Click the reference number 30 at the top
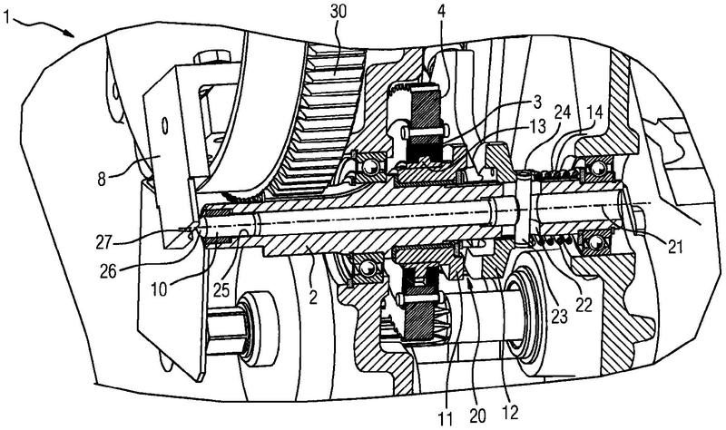click(x=338, y=12)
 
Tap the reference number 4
click(x=442, y=12)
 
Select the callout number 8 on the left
click(x=102, y=178)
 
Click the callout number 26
click(x=109, y=272)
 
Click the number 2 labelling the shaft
click(x=313, y=297)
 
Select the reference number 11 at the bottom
click(x=446, y=418)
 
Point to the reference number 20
click(x=477, y=416)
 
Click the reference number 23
click(x=558, y=317)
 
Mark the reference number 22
click(x=584, y=305)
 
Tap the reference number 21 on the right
click(x=675, y=247)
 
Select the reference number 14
click(x=595, y=112)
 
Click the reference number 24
click(x=564, y=112)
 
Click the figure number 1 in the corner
click(x=6, y=18)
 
